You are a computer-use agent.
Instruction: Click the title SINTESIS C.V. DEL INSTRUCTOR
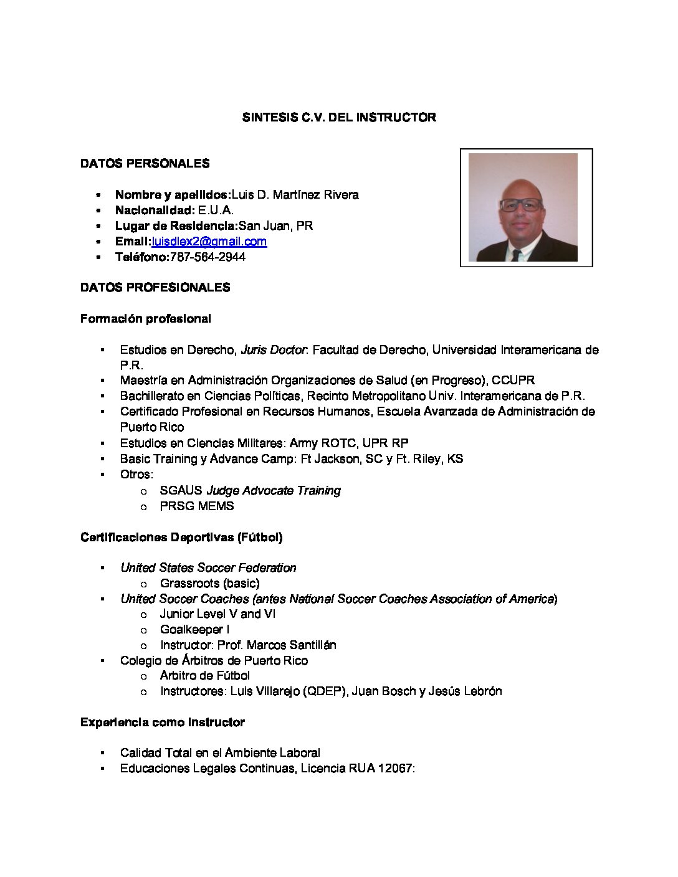click(x=339, y=117)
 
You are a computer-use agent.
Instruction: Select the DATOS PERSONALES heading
click(x=145, y=163)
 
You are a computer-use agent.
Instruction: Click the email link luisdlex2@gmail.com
click(x=209, y=242)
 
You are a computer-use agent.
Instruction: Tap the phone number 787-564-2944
click(x=208, y=257)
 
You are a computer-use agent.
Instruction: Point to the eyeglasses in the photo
click(x=521, y=204)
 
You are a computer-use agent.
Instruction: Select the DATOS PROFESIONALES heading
click(x=155, y=287)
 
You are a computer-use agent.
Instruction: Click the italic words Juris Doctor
click(x=273, y=350)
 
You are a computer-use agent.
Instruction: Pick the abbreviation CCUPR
click(x=513, y=381)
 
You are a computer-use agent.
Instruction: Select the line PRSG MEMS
click(x=197, y=506)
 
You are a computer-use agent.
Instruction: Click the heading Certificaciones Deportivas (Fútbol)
click(x=181, y=537)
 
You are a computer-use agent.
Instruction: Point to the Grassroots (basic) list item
click(x=210, y=584)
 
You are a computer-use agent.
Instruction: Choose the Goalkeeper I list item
click(x=194, y=630)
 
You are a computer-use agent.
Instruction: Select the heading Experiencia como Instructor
click(x=163, y=723)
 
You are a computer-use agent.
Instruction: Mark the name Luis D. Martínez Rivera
click(x=295, y=195)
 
